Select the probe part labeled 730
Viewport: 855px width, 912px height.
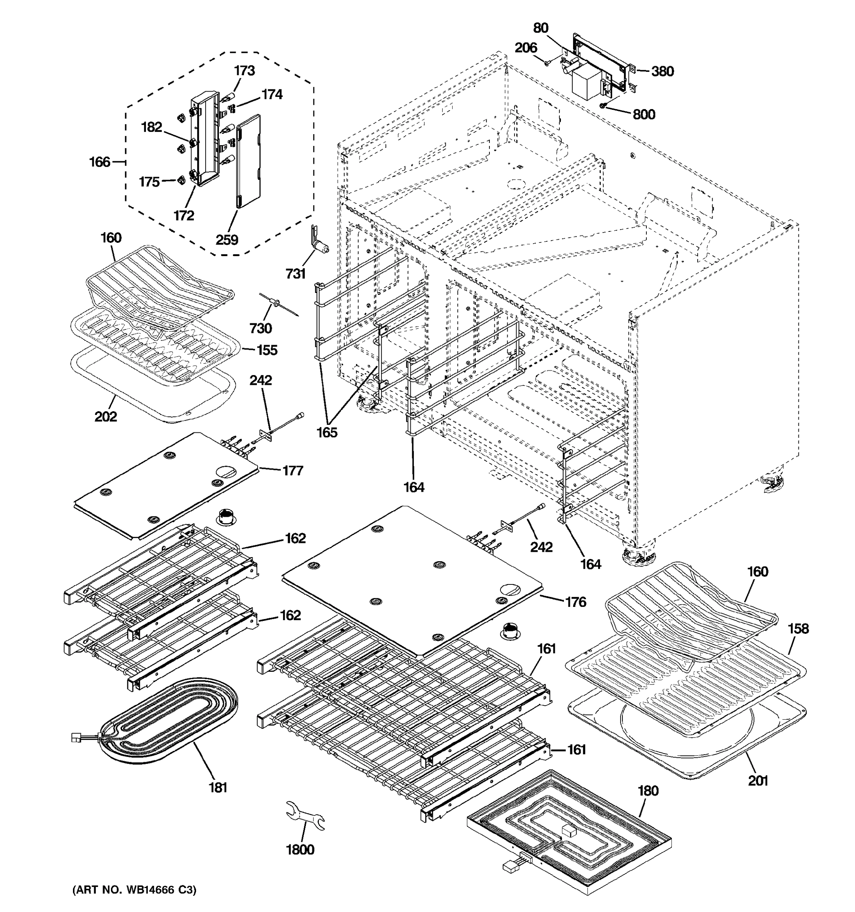click(279, 304)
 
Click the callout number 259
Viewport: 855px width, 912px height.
click(227, 239)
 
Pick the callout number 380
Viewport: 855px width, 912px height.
click(662, 71)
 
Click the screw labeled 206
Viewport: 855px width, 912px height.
click(547, 63)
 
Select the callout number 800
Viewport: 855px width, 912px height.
click(644, 114)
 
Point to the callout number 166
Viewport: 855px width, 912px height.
click(100, 161)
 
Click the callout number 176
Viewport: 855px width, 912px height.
click(576, 602)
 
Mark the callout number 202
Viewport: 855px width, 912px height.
click(106, 416)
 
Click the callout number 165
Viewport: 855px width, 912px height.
click(326, 432)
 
